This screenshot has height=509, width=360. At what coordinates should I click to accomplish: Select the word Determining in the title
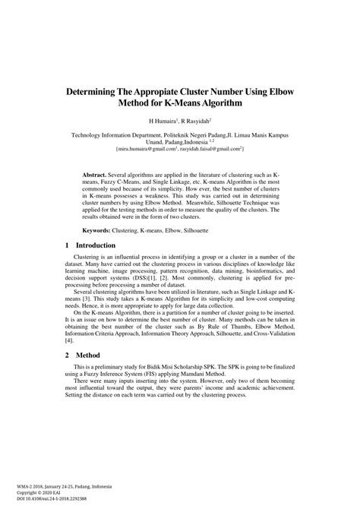point(101,90)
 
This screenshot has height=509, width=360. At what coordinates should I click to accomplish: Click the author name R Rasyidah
point(194,120)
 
